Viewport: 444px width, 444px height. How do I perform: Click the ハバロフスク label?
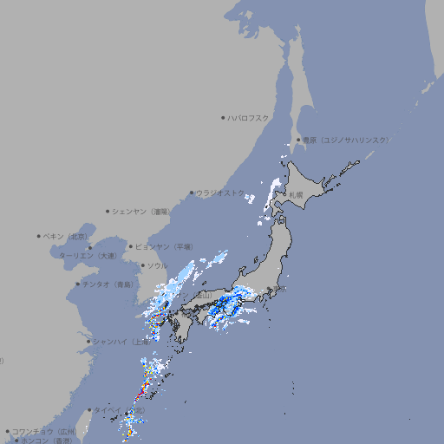[249, 117]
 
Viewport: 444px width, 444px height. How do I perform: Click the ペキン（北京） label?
[67, 236]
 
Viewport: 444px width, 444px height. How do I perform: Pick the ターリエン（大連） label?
[88, 256]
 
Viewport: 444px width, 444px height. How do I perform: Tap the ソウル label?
[157, 265]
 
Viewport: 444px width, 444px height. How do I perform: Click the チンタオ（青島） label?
[108, 284]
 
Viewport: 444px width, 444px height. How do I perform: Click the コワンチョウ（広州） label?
[44, 431]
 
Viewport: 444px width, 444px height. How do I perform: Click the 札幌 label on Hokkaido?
[296, 194]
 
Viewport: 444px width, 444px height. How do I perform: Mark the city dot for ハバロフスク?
[223, 117]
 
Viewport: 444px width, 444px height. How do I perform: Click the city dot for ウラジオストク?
[192, 193]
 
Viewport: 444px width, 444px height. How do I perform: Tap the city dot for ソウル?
[142, 265]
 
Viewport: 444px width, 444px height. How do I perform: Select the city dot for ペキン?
[39, 236]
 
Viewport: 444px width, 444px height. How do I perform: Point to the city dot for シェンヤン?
[108, 211]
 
